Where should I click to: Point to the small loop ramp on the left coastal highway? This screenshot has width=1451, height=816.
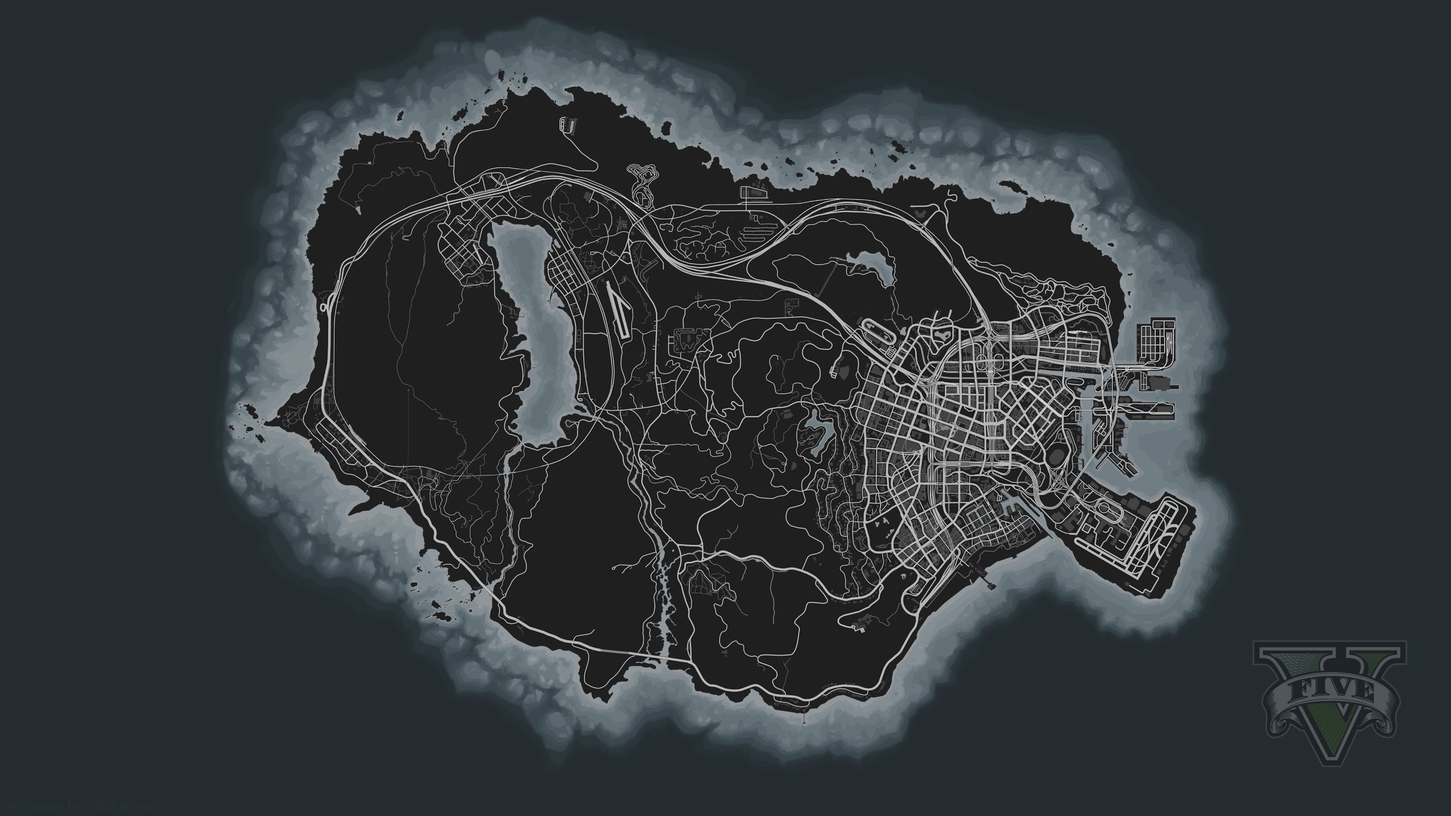[325, 308]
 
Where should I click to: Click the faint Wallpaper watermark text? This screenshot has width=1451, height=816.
[79, 807]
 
